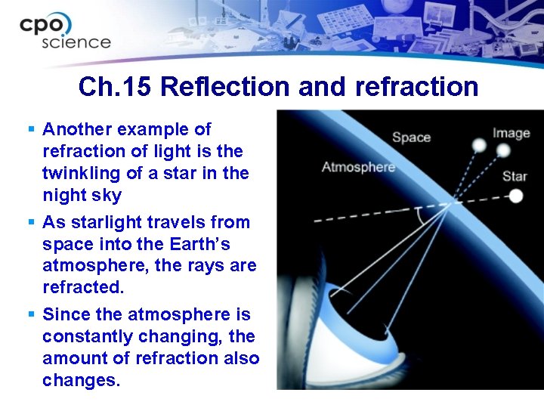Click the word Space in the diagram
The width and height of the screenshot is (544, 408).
tap(411, 138)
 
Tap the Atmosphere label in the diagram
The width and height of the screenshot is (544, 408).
tap(358, 166)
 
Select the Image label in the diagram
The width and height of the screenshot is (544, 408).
tap(512, 134)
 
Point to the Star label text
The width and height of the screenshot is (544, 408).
tap(515, 176)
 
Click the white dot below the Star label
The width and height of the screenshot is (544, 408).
tap(515, 196)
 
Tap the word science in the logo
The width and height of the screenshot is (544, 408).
tap(76, 42)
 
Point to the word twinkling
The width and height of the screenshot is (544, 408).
tap(81, 173)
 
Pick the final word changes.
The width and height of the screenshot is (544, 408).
tap(81, 380)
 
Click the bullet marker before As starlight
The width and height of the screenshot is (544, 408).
tap(30, 222)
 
